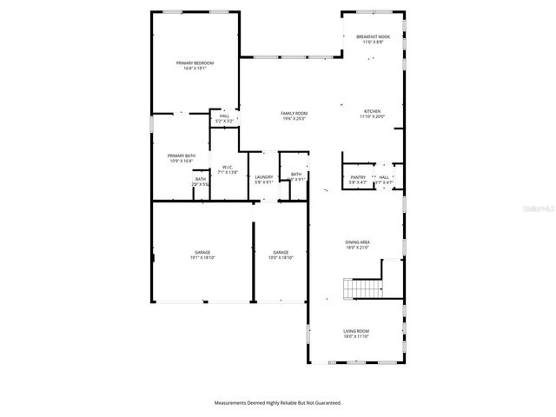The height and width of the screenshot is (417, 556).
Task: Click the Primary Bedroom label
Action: point(195,63)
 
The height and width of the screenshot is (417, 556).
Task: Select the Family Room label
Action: point(294,114)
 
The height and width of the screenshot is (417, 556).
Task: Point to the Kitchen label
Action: point(372,111)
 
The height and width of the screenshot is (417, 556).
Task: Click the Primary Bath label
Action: point(182,156)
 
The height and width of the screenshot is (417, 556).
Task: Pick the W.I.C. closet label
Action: point(228,167)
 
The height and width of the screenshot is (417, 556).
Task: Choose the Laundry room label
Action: point(264,177)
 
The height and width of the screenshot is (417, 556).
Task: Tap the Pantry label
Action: point(357,177)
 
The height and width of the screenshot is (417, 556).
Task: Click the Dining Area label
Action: point(357,243)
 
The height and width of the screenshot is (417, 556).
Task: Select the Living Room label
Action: point(357,331)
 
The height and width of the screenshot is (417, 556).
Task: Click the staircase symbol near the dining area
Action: point(363,288)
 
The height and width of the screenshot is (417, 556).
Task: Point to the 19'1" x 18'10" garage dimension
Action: point(202,258)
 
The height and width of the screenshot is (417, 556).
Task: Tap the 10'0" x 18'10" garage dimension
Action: point(281,258)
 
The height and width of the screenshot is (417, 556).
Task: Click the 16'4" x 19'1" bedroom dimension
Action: point(195,68)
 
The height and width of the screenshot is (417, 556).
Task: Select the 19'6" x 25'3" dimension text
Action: point(294,119)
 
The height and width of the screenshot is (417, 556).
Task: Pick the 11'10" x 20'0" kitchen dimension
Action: point(372,116)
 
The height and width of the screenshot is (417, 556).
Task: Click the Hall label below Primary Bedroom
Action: point(224,116)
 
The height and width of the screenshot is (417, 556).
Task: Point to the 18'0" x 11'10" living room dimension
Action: point(357,336)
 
